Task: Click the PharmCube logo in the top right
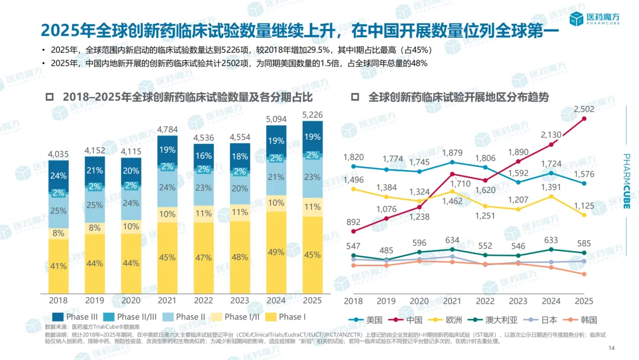(595, 19)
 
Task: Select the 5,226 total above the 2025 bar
(312, 114)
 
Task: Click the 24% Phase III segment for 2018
(58, 176)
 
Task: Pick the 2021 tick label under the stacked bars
(167, 301)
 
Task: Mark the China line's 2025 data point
(585, 118)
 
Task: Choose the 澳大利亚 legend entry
(496, 320)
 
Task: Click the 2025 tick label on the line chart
(583, 301)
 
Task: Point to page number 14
(612, 348)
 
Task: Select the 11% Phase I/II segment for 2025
(312, 208)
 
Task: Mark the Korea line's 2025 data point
(584, 274)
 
